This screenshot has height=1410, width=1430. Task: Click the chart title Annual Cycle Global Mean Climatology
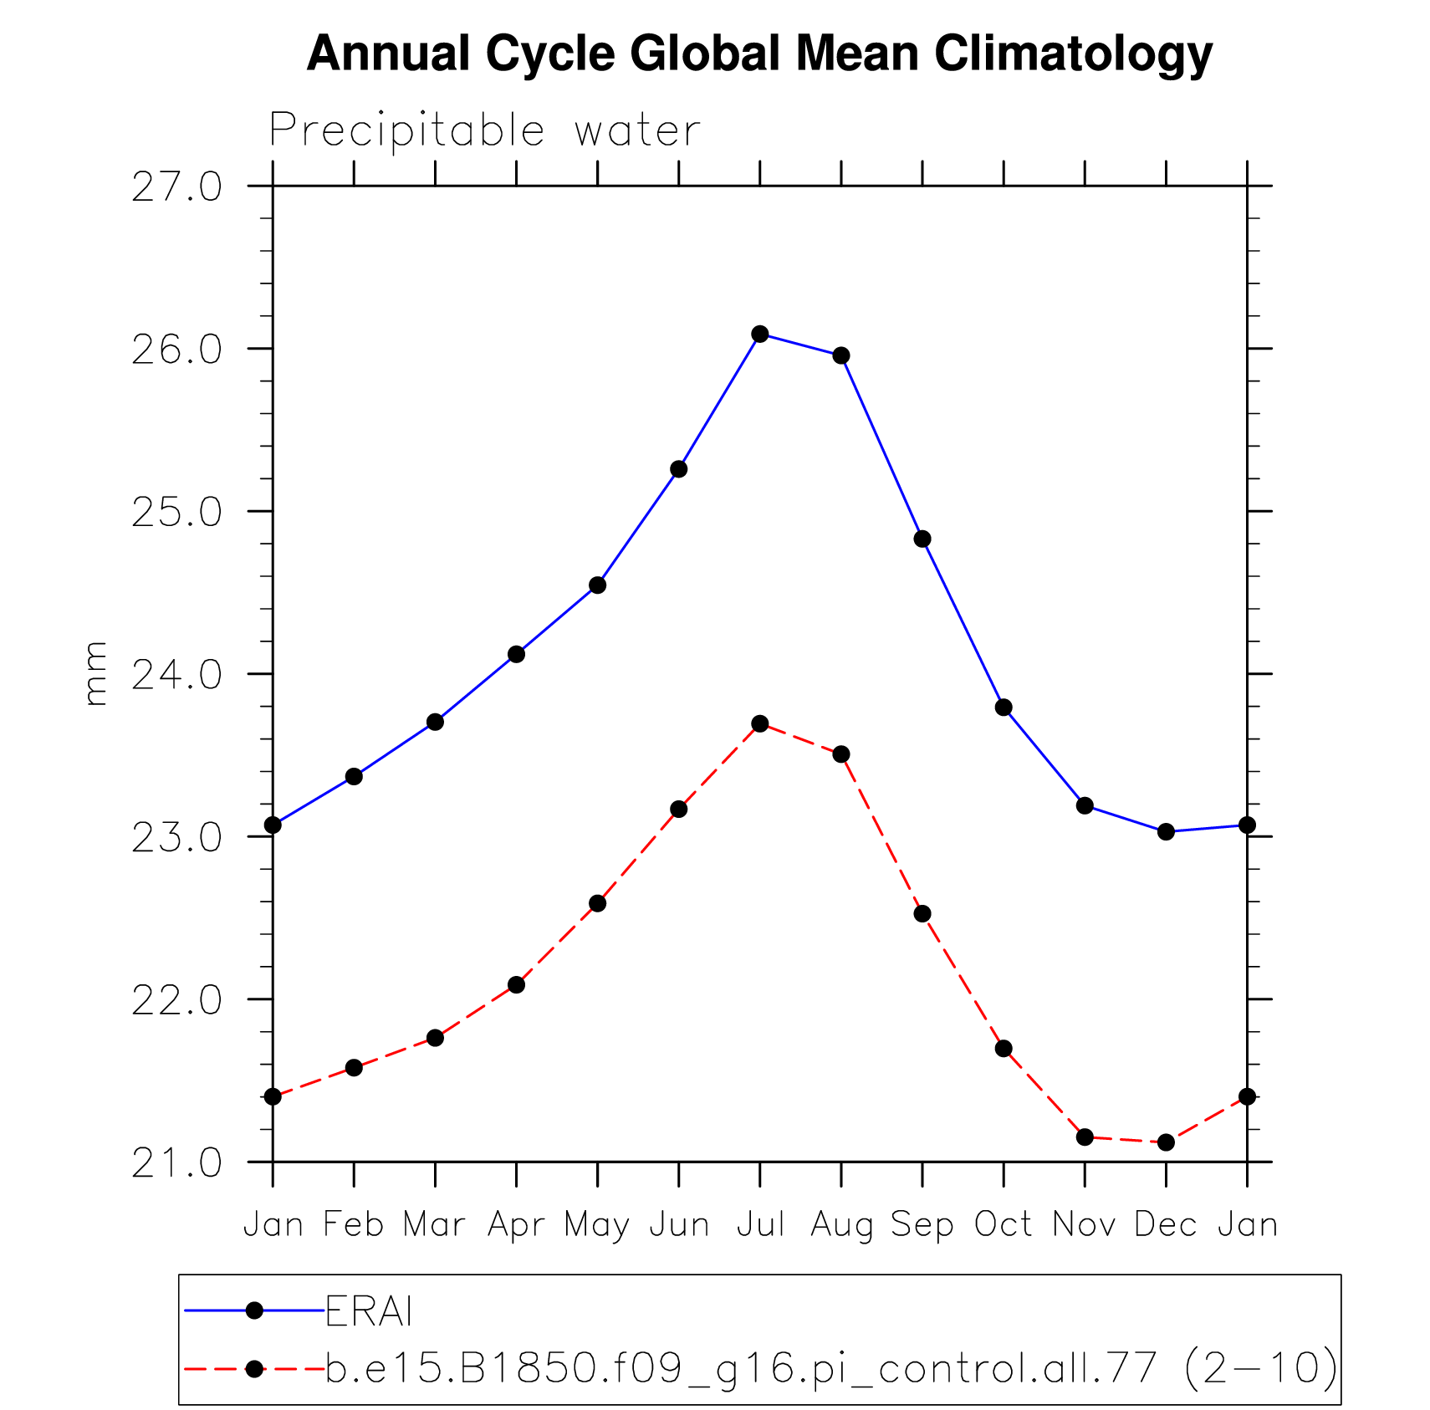pos(759,54)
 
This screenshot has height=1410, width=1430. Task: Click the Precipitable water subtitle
pos(484,130)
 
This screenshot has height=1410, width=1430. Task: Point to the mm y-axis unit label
pos(96,673)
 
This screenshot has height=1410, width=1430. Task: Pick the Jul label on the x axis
pos(760,1224)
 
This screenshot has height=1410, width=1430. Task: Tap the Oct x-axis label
pos(1004,1224)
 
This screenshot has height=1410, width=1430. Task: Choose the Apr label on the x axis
pos(516,1224)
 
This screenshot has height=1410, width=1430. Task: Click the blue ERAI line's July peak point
pos(760,335)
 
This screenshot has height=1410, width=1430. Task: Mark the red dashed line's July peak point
pos(760,723)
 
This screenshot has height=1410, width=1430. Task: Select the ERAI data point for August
pos(841,355)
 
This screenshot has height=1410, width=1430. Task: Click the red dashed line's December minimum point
pos(1167,1142)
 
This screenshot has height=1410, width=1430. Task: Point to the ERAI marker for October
pos(1004,708)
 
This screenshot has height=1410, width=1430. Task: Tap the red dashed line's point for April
pos(516,985)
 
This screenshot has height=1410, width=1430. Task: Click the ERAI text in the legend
pos(369,1311)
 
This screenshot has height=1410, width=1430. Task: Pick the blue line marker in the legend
pos(255,1310)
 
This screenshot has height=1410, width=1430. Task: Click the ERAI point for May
pos(597,585)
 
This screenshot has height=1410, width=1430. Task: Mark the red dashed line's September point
pos(922,913)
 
